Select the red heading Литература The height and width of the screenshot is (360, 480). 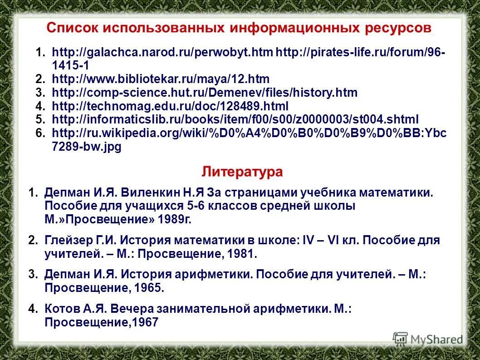(x=242, y=172)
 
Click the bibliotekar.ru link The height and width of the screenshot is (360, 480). (x=161, y=79)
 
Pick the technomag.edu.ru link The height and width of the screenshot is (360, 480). (x=171, y=106)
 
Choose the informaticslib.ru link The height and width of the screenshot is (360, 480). (x=235, y=120)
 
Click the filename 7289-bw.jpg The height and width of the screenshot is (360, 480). (x=87, y=147)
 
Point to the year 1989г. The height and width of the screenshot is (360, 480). (x=175, y=220)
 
